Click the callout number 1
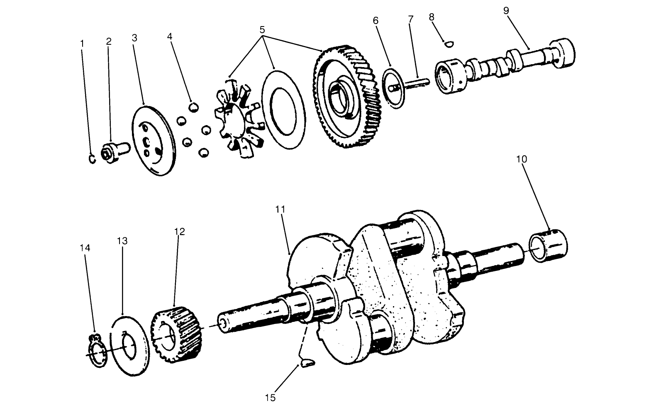point(82,43)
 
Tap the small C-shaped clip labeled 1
point(92,159)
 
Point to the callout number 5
point(262,30)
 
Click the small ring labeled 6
point(394,88)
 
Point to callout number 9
point(506,10)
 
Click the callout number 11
point(281,209)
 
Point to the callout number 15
point(270,398)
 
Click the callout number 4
point(170,36)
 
